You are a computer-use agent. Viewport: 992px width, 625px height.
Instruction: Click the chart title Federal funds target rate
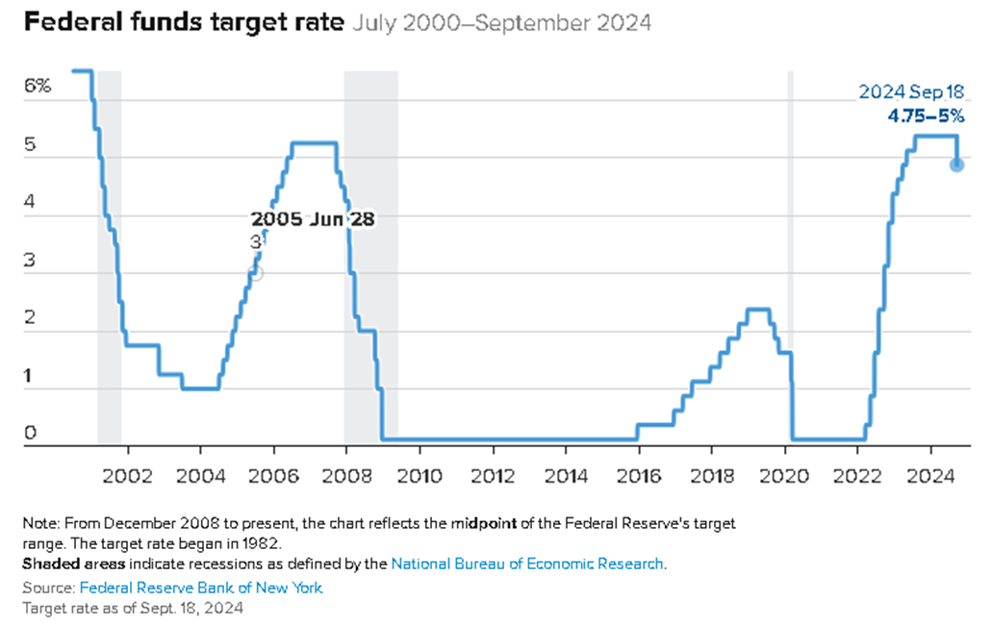183,22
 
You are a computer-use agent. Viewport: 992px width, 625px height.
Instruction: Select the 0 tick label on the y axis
30,434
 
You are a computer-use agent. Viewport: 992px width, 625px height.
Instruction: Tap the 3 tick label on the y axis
30,260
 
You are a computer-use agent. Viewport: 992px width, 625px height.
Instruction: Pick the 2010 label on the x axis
420,476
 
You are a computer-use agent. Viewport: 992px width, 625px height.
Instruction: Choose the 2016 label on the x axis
639,476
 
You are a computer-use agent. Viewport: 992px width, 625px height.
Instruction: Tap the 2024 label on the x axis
931,476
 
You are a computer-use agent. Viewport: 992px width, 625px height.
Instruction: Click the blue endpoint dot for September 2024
956,164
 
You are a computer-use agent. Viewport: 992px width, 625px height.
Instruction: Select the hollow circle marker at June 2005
255,273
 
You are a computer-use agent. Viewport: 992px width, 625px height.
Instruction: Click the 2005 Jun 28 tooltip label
313,218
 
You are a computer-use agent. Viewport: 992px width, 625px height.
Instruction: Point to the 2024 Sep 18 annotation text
910,92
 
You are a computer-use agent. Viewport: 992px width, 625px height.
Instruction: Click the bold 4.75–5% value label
925,116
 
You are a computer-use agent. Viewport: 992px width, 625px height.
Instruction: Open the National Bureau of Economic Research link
527,563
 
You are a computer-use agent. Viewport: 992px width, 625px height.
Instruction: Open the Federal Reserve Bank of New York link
201,587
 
